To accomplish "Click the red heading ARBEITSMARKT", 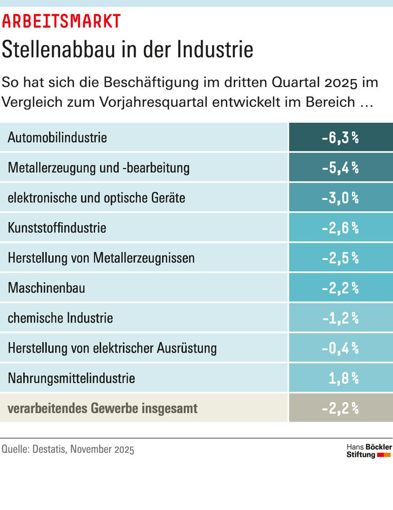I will (61, 20).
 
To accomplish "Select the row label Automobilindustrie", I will (57, 137).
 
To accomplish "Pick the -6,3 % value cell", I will (340, 137).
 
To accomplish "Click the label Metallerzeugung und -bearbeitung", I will (99, 168).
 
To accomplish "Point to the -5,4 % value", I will (340, 168).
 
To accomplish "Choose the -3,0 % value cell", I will (340, 198).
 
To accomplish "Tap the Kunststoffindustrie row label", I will (57, 228).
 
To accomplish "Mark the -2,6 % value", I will (340, 228).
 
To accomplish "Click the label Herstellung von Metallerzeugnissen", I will (101, 258).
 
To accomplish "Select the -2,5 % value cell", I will (340, 258).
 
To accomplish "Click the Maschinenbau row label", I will (47, 288).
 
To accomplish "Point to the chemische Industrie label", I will (60, 318).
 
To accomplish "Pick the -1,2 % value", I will (340, 318).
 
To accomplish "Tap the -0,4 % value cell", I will (340, 348).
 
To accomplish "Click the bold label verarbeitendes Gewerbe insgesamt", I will (103, 408).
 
